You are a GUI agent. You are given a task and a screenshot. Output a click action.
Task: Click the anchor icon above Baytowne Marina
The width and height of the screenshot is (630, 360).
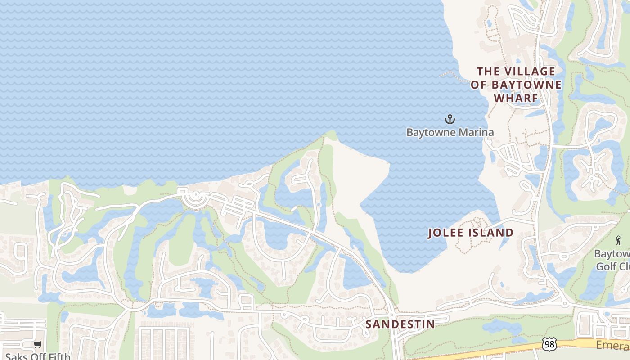point(450,119)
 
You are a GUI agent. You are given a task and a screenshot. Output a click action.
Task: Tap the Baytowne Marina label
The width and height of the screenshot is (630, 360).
point(450,132)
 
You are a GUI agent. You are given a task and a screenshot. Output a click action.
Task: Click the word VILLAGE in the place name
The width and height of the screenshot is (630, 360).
point(529,72)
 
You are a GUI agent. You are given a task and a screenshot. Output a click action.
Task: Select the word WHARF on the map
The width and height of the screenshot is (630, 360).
point(516,98)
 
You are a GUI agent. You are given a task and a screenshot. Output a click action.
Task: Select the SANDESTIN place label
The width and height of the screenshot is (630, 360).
point(400,324)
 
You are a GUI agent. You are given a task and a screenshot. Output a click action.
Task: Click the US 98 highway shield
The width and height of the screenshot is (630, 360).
point(549,345)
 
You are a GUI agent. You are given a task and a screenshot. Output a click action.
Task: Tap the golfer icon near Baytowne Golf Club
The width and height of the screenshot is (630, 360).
point(618,240)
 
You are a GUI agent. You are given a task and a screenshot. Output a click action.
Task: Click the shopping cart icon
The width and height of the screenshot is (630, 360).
point(37,345)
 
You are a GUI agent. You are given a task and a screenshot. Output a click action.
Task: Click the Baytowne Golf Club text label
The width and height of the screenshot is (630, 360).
point(612,260)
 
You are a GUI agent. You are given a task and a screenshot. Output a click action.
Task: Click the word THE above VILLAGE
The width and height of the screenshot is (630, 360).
point(489,72)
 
